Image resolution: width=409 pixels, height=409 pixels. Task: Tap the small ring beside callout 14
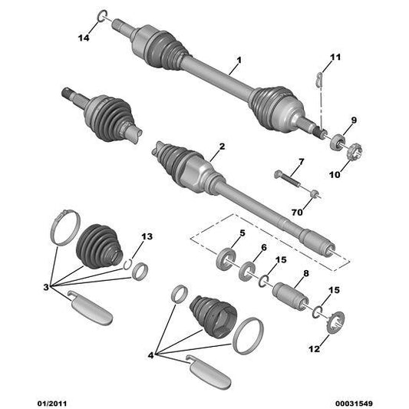pyautogui.click(x=102, y=17)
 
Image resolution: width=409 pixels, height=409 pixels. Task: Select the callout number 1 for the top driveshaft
pyautogui.click(x=239, y=60)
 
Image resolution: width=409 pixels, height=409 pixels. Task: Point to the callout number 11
pyautogui.click(x=335, y=58)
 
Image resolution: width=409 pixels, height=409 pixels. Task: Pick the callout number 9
pyautogui.click(x=354, y=120)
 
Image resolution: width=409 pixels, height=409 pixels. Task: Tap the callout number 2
pyautogui.click(x=222, y=145)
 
